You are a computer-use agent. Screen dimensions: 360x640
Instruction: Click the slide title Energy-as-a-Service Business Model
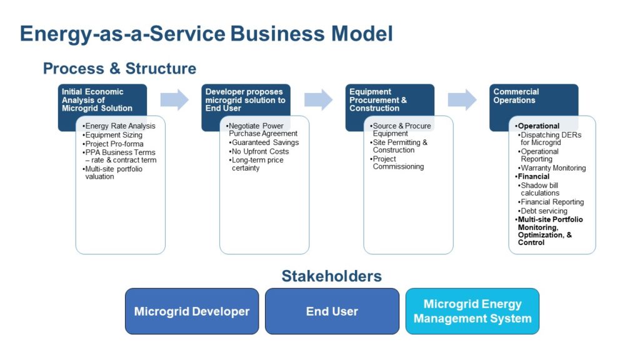(206, 33)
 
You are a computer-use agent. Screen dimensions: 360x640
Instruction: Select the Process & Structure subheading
(119, 68)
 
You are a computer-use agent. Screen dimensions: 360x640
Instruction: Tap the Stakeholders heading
(331, 276)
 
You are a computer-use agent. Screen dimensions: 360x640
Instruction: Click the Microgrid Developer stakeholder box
(192, 311)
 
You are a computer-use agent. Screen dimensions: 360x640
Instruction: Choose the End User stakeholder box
(332, 311)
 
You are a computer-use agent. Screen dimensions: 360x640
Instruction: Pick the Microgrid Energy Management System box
(472, 311)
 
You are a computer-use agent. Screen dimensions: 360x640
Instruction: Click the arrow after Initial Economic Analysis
(174, 99)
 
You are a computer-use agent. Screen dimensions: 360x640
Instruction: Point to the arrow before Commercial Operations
(462, 99)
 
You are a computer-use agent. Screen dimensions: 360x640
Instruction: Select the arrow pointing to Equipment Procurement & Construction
(318, 99)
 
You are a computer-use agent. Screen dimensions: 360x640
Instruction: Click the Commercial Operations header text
(516, 96)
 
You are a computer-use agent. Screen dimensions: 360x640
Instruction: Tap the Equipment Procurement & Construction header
(378, 99)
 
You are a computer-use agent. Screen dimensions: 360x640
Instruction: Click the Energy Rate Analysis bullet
(120, 126)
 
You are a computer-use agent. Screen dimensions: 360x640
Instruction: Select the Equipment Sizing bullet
(114, 135)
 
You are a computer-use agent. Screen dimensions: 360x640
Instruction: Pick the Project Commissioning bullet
(398, 162)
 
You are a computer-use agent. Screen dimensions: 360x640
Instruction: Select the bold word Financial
(533, 177)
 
